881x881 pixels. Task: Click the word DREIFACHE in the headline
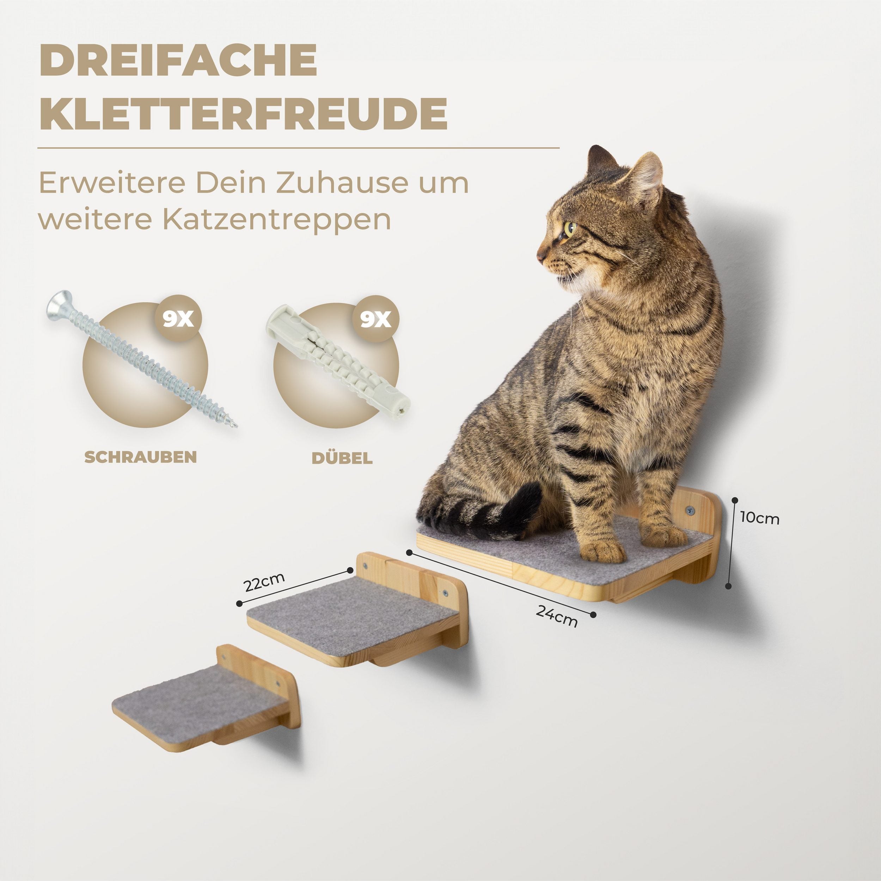178,60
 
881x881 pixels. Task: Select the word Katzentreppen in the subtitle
276,220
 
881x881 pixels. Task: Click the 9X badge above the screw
178,318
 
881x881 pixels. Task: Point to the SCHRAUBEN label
141,457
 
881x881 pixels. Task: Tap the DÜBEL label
342,457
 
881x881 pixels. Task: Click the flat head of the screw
59,304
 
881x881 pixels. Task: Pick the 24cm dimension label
557,616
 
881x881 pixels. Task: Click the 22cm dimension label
264,582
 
